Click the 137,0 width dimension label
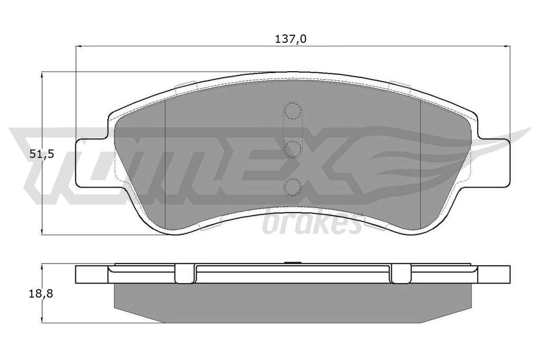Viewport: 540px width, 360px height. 291,39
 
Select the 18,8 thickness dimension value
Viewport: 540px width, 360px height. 41,294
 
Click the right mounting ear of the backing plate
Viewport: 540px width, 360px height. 493,163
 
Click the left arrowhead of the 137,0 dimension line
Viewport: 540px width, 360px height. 78,46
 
